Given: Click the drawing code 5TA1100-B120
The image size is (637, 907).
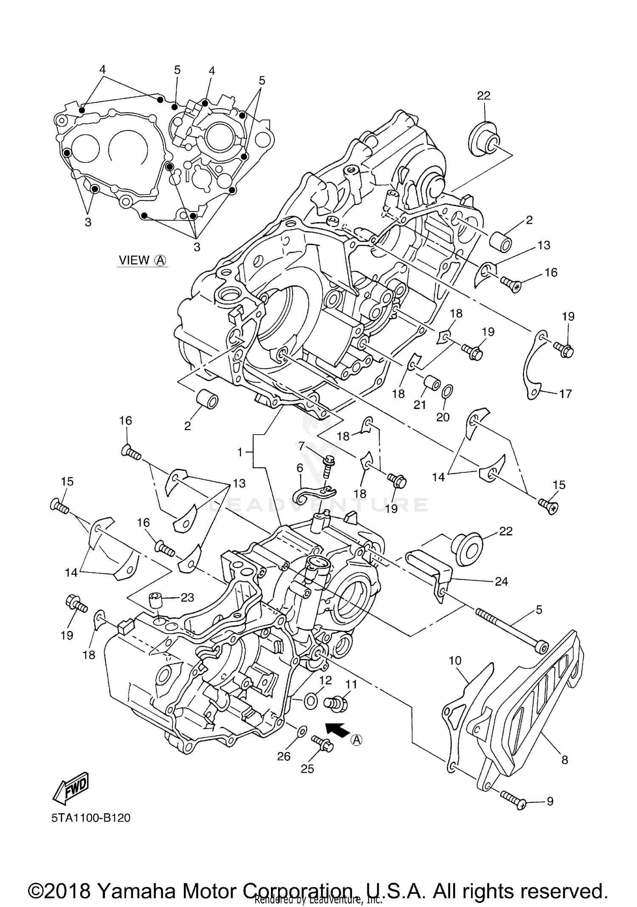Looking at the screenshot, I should (x=91, y=818).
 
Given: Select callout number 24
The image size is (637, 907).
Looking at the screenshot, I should (x=501, y=581).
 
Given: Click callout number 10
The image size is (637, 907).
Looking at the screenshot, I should (x=455, y=660).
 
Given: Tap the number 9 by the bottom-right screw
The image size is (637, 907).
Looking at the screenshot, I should (x=550, y=801).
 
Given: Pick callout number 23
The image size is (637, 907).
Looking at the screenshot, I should (x=187, y=597).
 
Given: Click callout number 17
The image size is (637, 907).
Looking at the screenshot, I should (x=565, y=393).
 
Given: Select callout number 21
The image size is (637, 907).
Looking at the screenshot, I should (x=420, y=404).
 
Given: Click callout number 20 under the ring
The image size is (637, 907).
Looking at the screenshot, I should (x=443, y=417).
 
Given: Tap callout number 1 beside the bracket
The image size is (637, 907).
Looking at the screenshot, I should (x=240, y=452).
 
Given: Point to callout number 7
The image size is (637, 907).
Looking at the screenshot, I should (x=302, y=446).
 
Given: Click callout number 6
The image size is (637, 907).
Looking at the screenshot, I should (x=300, y=468).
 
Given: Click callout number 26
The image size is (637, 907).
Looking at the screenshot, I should (x=284, y=756).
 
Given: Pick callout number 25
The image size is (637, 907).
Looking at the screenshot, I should (x=307, y=769).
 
